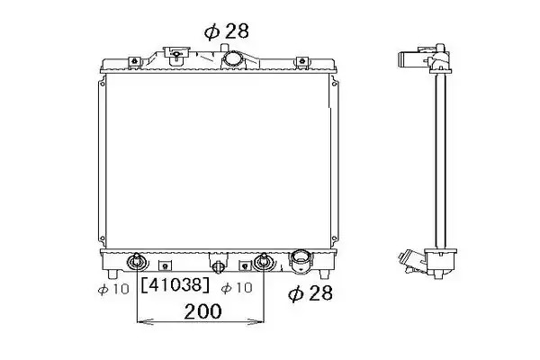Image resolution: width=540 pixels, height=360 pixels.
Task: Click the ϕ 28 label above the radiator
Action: pos(226,31)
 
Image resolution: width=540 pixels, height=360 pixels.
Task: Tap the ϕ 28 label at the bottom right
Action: pos(310,292)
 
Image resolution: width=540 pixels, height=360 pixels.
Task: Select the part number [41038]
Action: pos(175,285)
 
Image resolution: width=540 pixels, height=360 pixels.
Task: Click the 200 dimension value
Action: pos(202,311)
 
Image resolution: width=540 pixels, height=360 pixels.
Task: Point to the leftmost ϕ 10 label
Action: pos(113,289)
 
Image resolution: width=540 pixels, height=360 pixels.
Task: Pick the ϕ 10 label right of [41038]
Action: pos(237,288)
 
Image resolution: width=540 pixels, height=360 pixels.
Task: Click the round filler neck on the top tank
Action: pos(232,58)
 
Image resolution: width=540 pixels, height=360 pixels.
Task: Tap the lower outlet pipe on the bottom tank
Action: pos(301,261)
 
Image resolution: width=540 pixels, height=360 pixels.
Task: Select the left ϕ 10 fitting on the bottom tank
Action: pos(137,262)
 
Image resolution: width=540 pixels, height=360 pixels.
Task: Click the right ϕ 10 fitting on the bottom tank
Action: pos(264,262)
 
